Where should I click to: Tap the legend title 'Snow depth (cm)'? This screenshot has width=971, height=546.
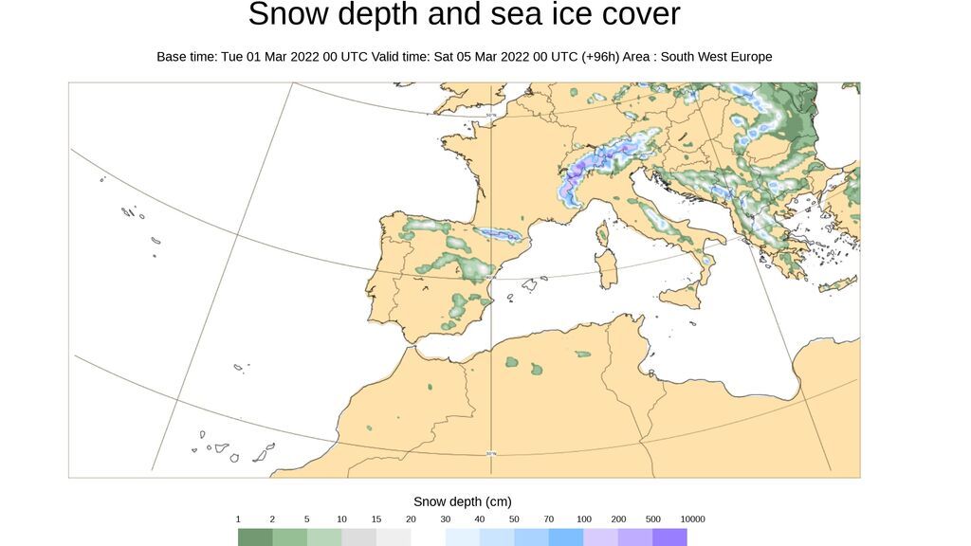462,501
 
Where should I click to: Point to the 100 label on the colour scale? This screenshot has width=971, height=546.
583,519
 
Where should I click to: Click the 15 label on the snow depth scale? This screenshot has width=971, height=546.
376,519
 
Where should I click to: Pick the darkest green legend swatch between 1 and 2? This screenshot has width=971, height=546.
255,537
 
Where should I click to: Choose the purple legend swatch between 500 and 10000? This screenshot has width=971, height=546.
669,537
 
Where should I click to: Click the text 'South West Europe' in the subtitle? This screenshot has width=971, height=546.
716,57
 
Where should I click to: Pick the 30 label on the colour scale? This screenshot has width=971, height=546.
445,519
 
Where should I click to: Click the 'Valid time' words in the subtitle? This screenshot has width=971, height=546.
400,57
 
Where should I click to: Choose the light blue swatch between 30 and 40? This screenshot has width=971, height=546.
462,537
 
